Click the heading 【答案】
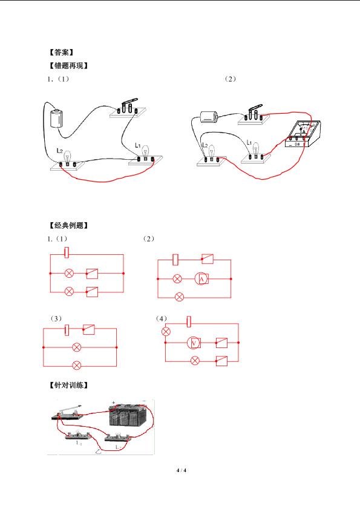click(x=61, y=52)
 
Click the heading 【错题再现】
click(x=68, y=65)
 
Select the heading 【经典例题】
click(x=68, y=225)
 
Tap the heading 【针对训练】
click(x=68, y=386)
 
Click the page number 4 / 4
click(x=182, y=470)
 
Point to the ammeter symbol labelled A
click(x=202, y=279)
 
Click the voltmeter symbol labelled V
click(x=194, y=343)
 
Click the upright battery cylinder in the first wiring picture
click(x=57, y=119)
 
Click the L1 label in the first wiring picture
click(x=138, y=145)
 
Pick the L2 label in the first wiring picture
click(x=59, y=151)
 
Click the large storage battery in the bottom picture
click(x=129, y=415)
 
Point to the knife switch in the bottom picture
click(x=68, y=413)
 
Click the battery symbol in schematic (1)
click(x=67, y=252)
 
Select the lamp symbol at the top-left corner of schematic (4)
click(x=166, y=332)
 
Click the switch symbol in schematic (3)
click(x=88, y=329)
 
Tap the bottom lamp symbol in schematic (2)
click(x=179, y=297)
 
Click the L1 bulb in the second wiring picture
click(x=256, y=149)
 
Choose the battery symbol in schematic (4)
click(x=189, y=322)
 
